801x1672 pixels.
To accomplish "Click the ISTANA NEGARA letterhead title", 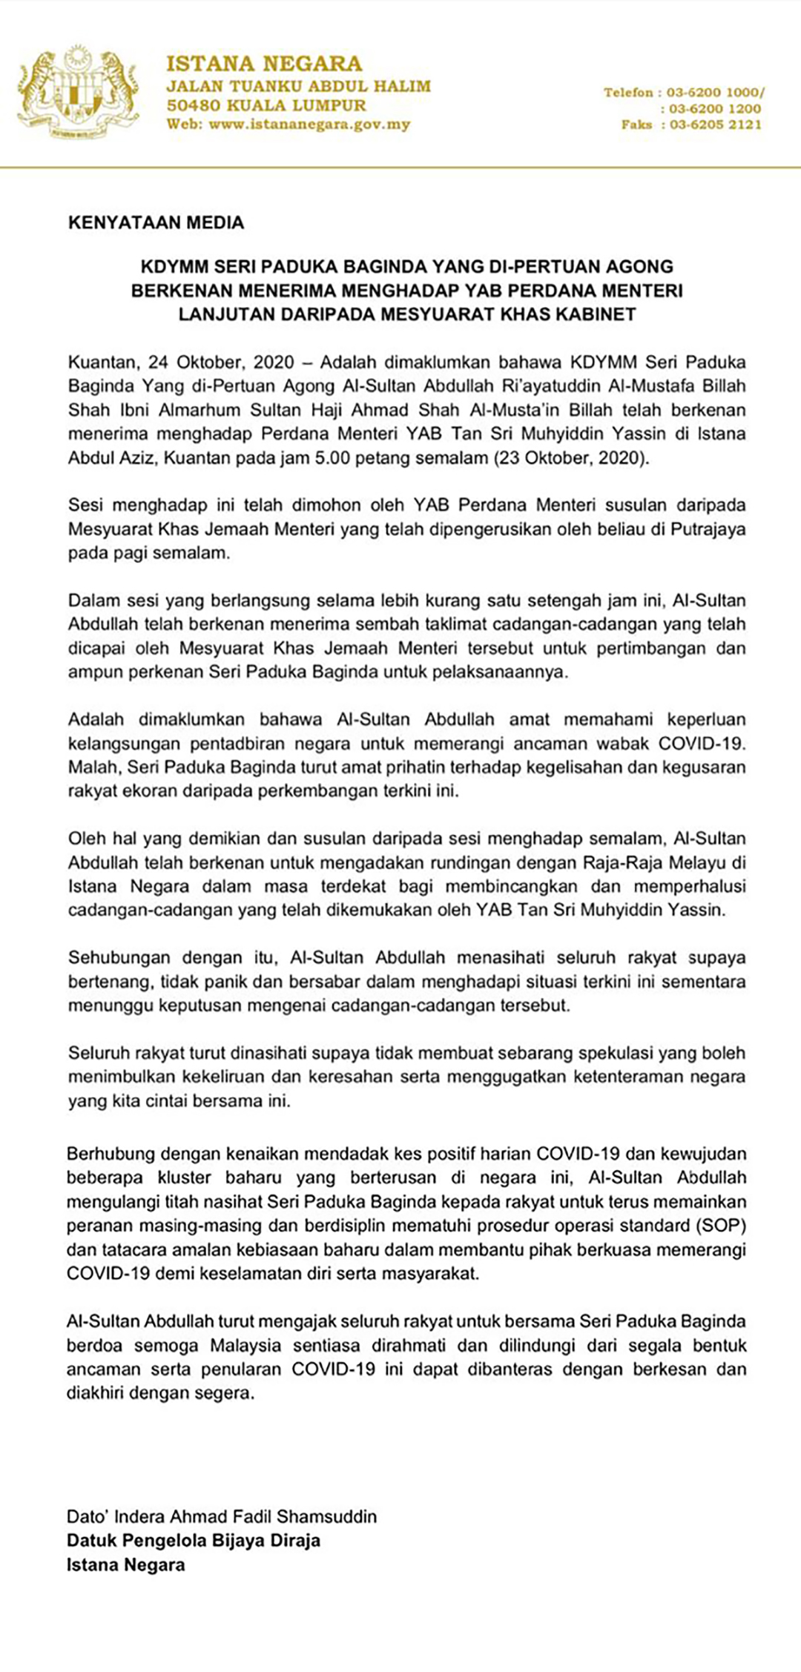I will click(x=264, y=64).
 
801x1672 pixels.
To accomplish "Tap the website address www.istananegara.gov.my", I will click(x=309, y=125).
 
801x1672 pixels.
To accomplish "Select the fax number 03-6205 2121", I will click(x=716, y=125).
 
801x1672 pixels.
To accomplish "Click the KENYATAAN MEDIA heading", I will click(x=156, y=222).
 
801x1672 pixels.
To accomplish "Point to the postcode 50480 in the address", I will click(x=194, y=105).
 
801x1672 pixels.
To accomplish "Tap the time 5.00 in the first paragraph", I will click(x=332, y=457).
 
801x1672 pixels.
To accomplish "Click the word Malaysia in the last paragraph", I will click(x=245, y=1345).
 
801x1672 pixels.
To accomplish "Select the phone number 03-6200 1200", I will click(x=716, y=109).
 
